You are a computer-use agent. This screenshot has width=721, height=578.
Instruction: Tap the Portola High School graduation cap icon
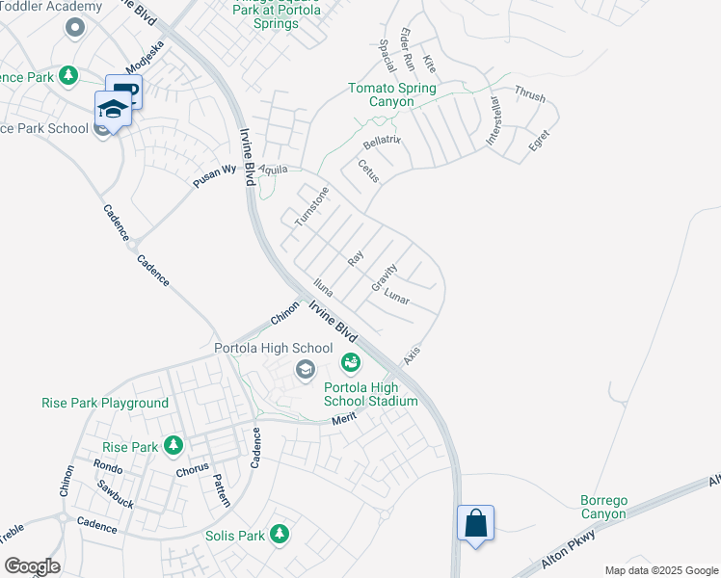(x=306, y=368)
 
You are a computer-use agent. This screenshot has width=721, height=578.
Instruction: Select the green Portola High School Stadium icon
(x=350, y=362)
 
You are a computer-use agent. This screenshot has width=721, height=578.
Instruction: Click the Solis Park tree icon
(x=280, y=533)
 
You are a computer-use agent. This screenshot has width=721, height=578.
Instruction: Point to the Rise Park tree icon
(x=174, y=445)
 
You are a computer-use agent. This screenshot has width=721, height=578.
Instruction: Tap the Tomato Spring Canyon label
(x=392, y=94)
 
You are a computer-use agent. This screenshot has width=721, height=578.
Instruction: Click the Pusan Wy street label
(x=214, y=174)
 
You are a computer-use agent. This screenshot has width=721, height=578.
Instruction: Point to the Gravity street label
(x=385, y=277)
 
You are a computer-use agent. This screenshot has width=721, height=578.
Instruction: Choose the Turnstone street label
(x=312, y=206)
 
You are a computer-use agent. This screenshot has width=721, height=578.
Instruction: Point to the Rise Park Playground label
(x=105, y=403)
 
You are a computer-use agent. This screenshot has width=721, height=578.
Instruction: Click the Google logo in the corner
(x=32, y=566)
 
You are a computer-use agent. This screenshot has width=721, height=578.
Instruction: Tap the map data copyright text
(x=661, y=570)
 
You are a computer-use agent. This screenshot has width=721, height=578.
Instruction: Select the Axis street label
(x=412, y=355)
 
